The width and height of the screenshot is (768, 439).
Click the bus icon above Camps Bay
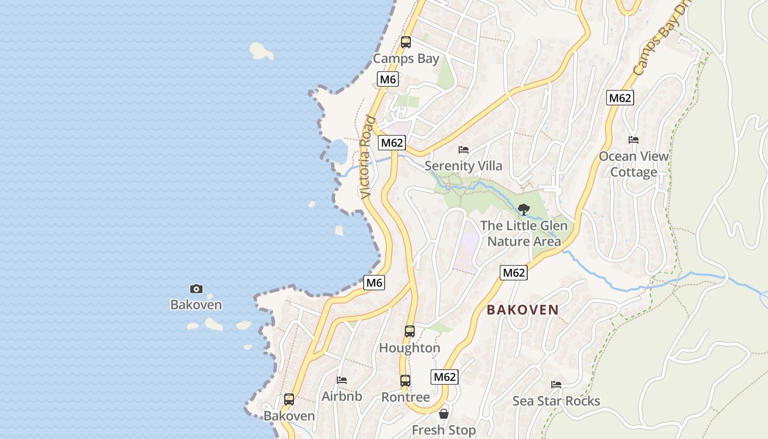pyautogui.click(x=406, y=42)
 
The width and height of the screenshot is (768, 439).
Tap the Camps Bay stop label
pyautogui.click(x=406, y=58)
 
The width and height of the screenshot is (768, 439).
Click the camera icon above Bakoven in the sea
pyautogui.click(x=196, y=289)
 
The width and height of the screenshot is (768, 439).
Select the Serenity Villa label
pyautogui.click(x=464, y=166)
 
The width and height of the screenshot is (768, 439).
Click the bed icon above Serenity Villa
pyautogui.click(x=464, y=149)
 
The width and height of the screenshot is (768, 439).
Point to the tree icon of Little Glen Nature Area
pyautogui.click(x=524, y=209)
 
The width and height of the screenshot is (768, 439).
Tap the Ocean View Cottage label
pyautogui.click(x=634, y=164)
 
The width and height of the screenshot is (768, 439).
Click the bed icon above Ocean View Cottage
pyautogui.click(x=634, y=140)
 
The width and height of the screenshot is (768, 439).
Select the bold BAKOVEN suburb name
pyautogui.click(x=523, y=309)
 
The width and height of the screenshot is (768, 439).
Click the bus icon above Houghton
pyautogui.click(x=410, y=331)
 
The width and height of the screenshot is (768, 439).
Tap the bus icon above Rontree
pyautogui.click(x=405, y=380)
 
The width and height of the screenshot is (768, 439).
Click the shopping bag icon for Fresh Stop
pyautogui.click(x=444, y=413)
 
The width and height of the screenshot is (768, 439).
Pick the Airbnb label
pyautogui.click(x=342, y=396)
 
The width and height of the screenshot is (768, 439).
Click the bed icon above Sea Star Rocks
pyautogui.click(x=556, y=384)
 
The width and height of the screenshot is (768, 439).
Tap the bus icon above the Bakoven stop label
pyautogui.click(x=289, y=399)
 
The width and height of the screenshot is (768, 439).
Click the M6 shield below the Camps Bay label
pyautogui.click(x=388, y=80)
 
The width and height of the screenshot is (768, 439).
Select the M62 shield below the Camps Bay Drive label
pyautogui.click(x=620, y=98)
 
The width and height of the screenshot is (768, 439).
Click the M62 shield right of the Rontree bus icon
pyautogui.click(x=445, y=377)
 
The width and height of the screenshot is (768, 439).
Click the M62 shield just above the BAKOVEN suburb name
pyautogui.click(x=514, y=273)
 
